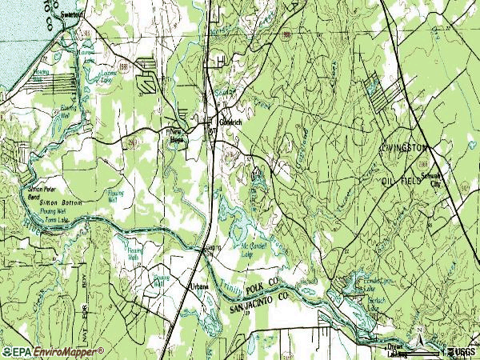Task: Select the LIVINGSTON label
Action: pos(404,148)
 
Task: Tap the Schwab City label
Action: pos(437,182)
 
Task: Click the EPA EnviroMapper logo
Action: pos(54,351)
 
